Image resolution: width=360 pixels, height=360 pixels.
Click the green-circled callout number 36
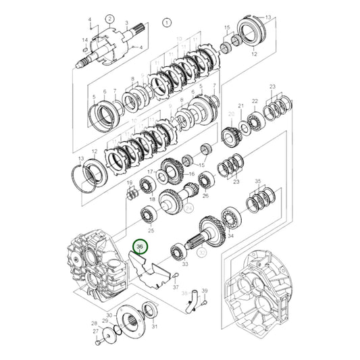[140, 248]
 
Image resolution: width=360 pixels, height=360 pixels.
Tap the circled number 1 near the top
[167, 22]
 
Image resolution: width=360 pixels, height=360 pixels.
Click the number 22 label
[255, 101]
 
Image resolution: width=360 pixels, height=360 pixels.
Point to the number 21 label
[241, 106]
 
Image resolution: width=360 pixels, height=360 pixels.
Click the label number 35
[257, 182]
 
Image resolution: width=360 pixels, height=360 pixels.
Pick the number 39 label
[206, 290]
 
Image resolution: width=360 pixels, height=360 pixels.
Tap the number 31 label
[155, 327]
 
